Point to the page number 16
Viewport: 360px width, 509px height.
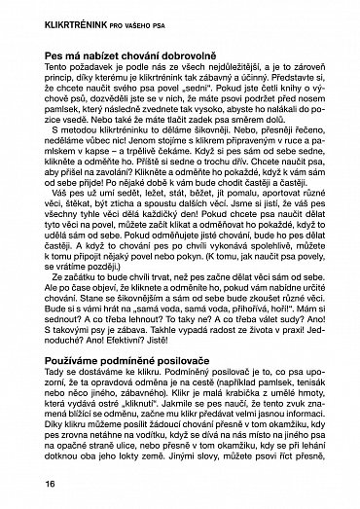coord(23,485)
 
